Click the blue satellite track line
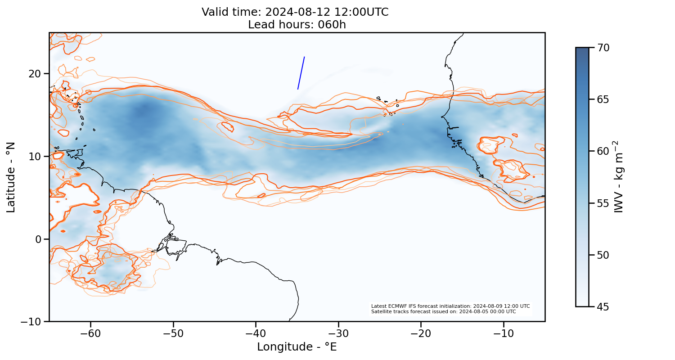point(301,73)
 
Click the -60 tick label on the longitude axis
point(90,333)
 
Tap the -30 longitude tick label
point(338,333)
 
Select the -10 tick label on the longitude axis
point(503,333)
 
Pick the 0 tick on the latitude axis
point(39,239)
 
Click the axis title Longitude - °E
point(297,347)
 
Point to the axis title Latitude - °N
point(11,177)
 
